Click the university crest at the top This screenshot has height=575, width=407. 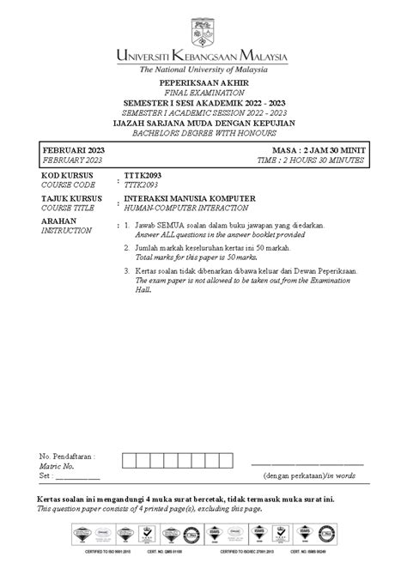203,23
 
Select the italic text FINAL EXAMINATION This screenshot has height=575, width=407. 203,93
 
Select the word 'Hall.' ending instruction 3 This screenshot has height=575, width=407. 143,287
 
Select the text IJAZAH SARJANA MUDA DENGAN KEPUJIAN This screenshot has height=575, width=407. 203,121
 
